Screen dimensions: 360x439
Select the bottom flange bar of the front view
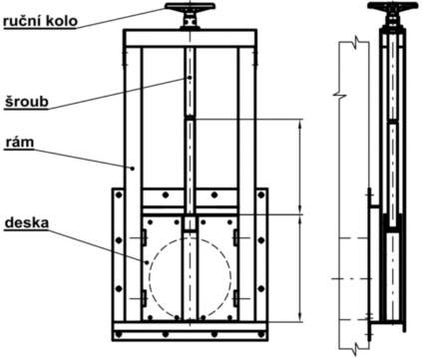190,329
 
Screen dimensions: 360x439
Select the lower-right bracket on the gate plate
235,298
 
